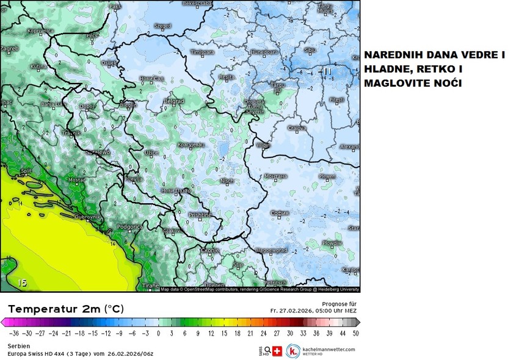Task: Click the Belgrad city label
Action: [174, 101]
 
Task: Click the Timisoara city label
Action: [201, 53]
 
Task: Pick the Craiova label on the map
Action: [297, 128]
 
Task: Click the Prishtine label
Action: [199, 215]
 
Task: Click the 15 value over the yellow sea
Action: [23, 283]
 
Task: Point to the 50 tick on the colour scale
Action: [355, 334]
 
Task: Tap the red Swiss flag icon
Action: [277, 351]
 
